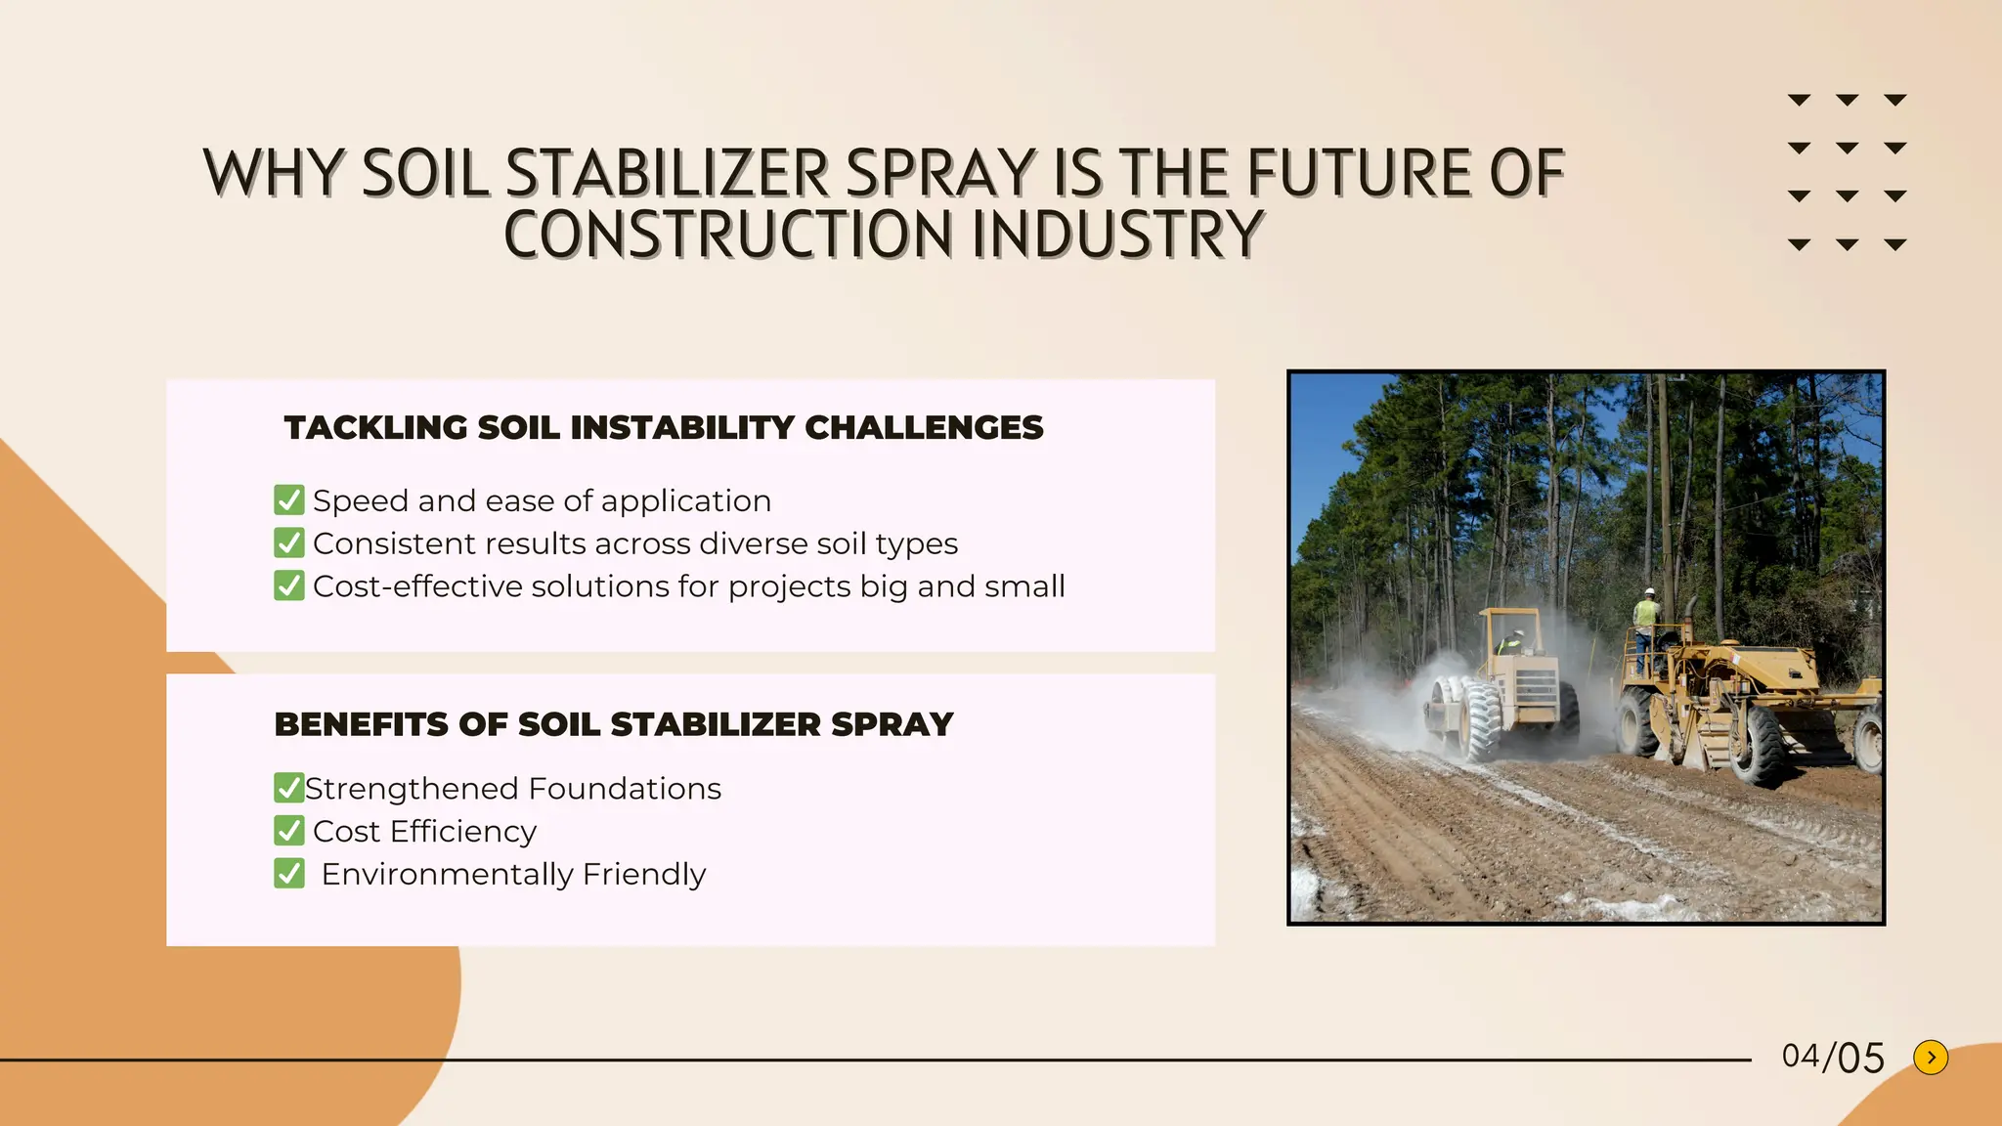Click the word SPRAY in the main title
click(x=939, y=174)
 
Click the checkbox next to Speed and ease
click(x=289, y=500)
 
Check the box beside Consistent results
click(x=289, y=542)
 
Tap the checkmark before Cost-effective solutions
click(x=289, y=585)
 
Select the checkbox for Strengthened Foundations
click(x=288, y=787)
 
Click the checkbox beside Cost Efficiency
click(x=289, y=830)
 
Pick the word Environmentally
click(x=447, y=874)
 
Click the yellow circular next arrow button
click(x=1931, y=1057)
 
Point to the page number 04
click(x=1801, y=1056)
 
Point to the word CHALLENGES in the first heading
click(x=924, y=428)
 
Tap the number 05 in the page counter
click(x=1861, y=1059)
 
